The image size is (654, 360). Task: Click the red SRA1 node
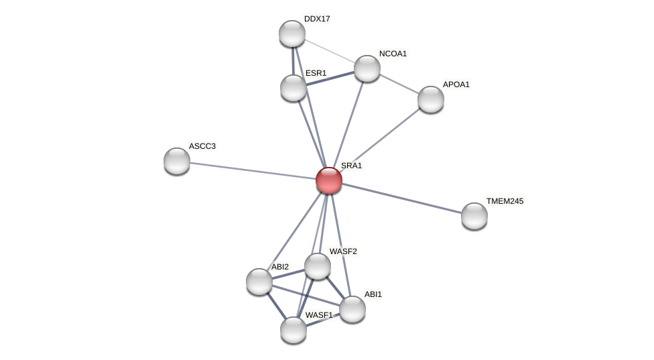(329, 180)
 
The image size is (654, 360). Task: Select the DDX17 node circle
(292, 34)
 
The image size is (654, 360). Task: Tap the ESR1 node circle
(293, 88)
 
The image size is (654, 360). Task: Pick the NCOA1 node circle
(367, 68)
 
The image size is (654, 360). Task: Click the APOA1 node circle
(431, 99)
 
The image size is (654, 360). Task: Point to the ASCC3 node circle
(177, 161)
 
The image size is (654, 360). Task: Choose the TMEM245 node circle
(474, 216)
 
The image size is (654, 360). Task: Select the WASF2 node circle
(318, 266)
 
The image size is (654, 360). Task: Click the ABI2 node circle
(259, 282)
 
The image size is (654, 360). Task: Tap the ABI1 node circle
(352, 309)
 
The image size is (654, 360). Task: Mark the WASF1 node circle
(293, 330)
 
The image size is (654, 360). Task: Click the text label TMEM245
(505, 201)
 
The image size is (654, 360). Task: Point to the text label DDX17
(317, 19)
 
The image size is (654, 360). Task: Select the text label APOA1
(456, 84)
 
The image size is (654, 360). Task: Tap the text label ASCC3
(202, 146)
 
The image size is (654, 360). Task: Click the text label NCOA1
(393, 54)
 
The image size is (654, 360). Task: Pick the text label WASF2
(343, 251)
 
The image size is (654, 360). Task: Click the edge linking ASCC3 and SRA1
(253, 170)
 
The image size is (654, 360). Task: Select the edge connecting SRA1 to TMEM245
(402, 198)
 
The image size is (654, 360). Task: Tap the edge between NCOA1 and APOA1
(399, 84)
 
